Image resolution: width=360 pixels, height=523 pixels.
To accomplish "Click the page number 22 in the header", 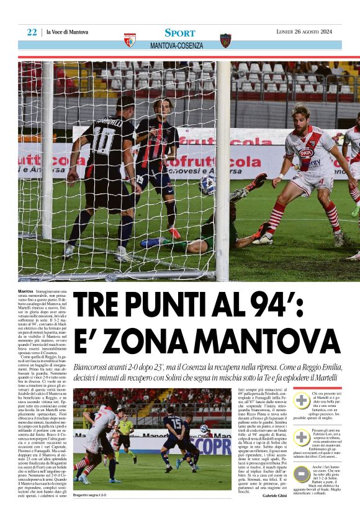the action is pos(32,32).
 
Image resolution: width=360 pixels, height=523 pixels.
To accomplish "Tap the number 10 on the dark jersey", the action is pos(101,135).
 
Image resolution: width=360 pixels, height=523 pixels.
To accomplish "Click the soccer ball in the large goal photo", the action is pos(207,184).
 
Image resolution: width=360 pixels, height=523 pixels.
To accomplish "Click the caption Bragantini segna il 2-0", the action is pos(89,495).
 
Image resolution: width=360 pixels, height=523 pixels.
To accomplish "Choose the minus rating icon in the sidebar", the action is pos(301,474).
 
